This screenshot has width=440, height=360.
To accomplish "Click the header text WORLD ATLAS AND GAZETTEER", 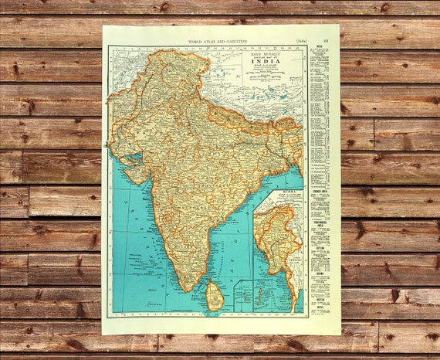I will [218, 39].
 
